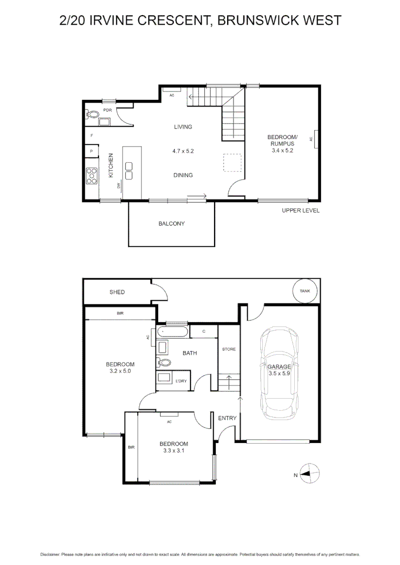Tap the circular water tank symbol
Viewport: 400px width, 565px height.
click(x=304, y=291)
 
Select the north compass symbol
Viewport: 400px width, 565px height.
click(x=309, y=474)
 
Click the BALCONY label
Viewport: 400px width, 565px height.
click(x=172, y=223)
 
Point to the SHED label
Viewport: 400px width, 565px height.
click(x=117, y=292)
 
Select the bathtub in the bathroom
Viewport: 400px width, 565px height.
click(x=172, y=332)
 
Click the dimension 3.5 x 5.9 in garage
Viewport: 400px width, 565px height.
click(x=279, y=374)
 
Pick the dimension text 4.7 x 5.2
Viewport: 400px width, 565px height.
click(x=183, y=151)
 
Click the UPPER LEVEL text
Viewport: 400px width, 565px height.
click(x=301, y=210)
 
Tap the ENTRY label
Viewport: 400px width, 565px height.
click(x=227, y=418)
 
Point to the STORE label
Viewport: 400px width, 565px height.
click(x=229, y=349)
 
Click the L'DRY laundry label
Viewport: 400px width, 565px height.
click(x=181, y=381)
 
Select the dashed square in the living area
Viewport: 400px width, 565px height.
click(x=232, y=162)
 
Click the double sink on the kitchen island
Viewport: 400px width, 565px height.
click(x=129, y=171)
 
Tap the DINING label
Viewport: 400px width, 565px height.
click(x=183, y=175)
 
